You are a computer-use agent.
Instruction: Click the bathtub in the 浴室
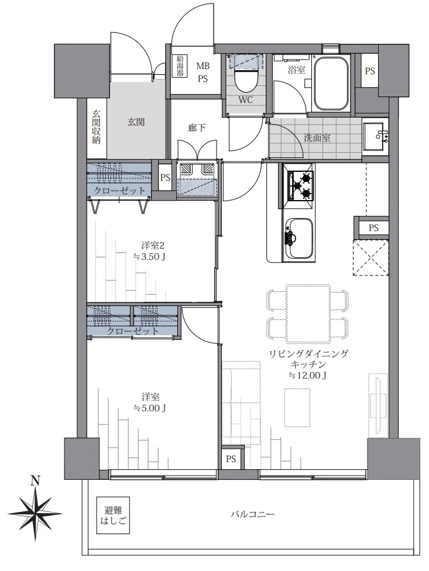(332, 83)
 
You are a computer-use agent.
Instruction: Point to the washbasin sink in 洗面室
(374, 136)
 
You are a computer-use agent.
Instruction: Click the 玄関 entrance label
(136, 122)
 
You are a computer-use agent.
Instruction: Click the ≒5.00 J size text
(149, 408)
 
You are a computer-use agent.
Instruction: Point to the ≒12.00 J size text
(307, 375)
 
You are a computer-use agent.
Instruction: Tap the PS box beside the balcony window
(231, 459)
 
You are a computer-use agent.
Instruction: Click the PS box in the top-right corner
(369, 71)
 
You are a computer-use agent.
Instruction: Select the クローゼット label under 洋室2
(133, 331)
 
